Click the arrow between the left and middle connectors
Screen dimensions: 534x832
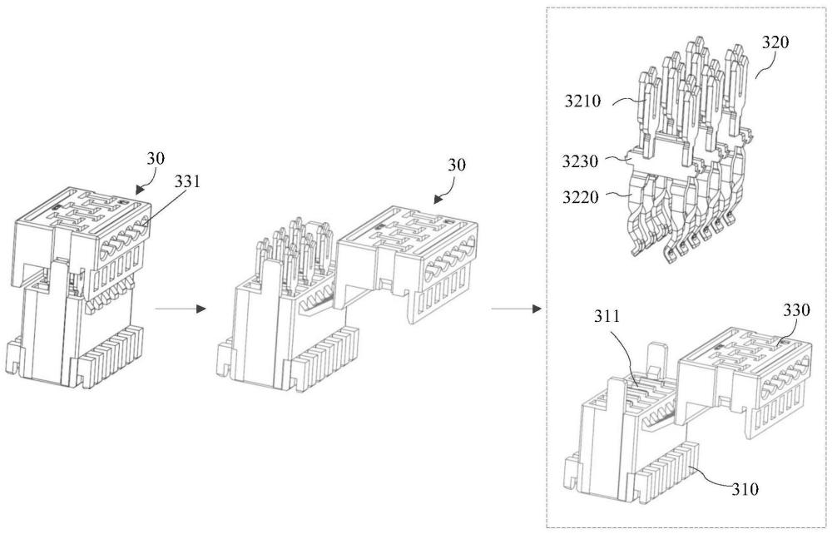click(180, 309)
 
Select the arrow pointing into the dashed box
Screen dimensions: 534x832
click(516, 309)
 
